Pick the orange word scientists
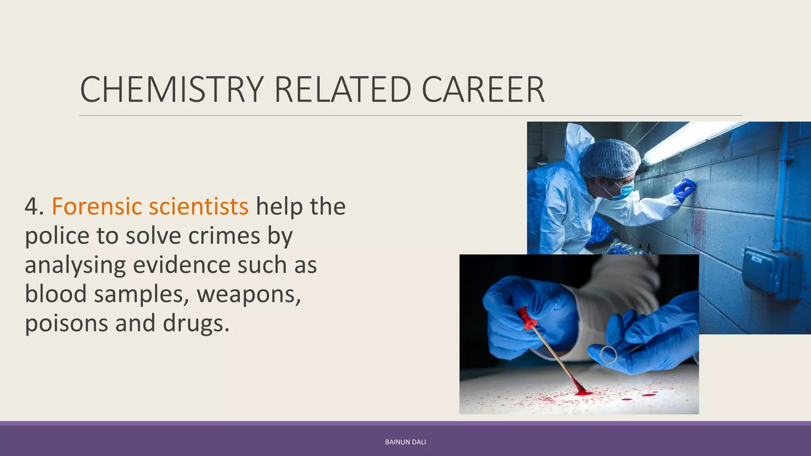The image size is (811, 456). point(198,206)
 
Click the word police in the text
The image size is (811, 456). point(57,236)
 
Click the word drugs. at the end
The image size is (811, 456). point(196,323)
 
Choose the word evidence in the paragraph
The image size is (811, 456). point(181,265)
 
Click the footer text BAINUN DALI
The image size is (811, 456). point(405,442)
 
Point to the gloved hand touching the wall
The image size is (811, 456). point(685,188)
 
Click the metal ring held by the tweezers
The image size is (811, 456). point(609,354)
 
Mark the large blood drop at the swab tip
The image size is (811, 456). point(583,393)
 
